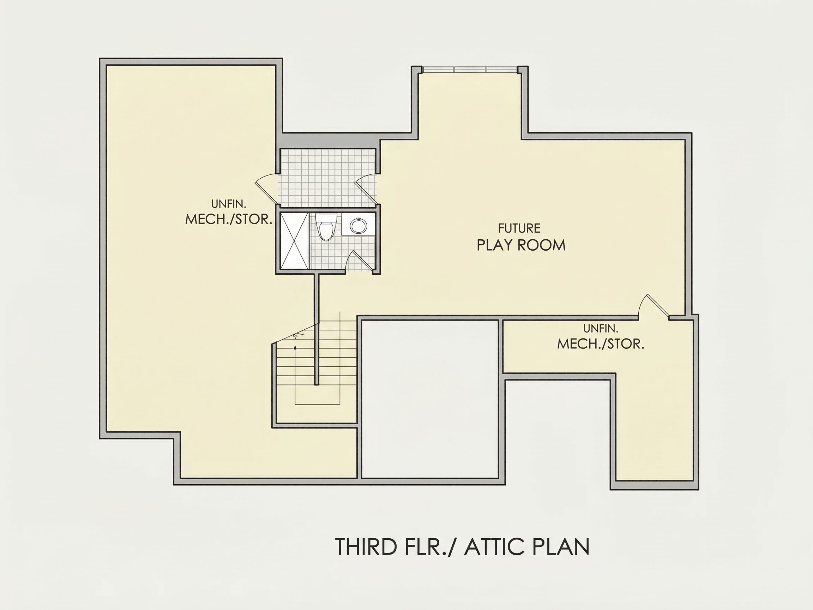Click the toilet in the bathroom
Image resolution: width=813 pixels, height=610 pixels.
click(x=326, y=227)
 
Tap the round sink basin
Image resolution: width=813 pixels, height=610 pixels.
click(x=358, y=225)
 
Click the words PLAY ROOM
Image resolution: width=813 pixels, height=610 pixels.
click(x=521, y=245)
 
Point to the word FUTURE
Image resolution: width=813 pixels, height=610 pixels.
click(x=519, y=228)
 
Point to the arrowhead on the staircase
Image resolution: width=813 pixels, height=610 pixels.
click(x=295, y=347)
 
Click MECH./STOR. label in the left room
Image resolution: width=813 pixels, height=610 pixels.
click(x=229, y=220)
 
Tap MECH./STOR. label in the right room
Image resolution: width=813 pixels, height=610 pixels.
click(x=601, y=344)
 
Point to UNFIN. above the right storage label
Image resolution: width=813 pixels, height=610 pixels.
click(x=601, y=328)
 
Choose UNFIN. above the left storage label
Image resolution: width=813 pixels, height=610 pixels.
click(x=229, y=204)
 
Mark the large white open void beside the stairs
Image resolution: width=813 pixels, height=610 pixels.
click(x=430, y=399)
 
